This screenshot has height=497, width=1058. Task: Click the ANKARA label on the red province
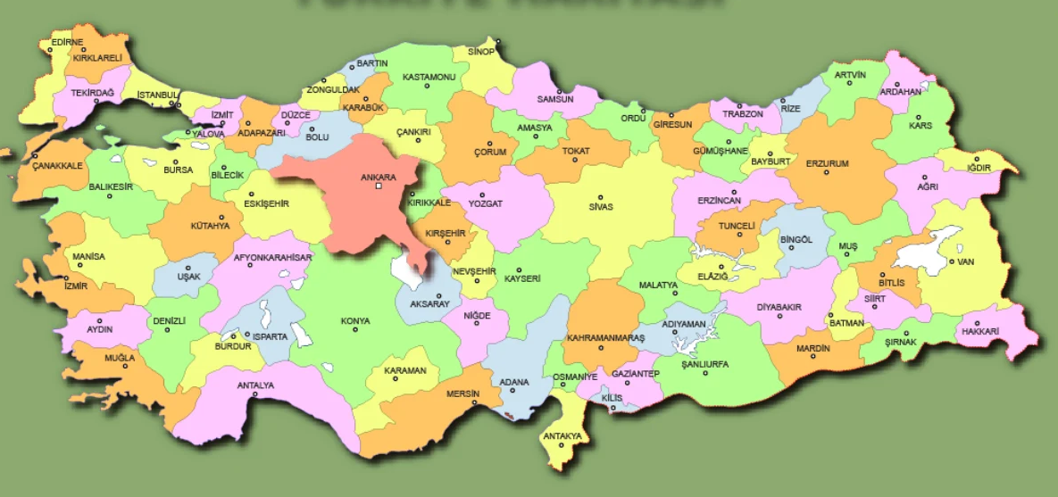point(378,177)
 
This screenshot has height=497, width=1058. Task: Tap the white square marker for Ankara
point(379,186)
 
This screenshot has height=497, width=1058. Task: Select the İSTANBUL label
point(158,95)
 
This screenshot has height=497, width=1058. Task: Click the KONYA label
point(354,320)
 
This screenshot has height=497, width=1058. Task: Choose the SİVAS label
point(601,206)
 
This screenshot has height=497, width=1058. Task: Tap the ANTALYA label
point(255,385)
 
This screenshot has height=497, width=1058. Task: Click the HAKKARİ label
point(979,331)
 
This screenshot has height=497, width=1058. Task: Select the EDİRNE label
point(67,42)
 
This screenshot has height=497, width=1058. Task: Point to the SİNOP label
point(480,52)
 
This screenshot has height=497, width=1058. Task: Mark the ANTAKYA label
point(562,436)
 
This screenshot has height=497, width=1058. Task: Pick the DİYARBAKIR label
point(779,307)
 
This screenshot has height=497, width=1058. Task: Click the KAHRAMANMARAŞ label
point(605,338)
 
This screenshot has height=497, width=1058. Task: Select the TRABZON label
point(743,114)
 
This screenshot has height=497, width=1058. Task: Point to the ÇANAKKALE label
point(57,166)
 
